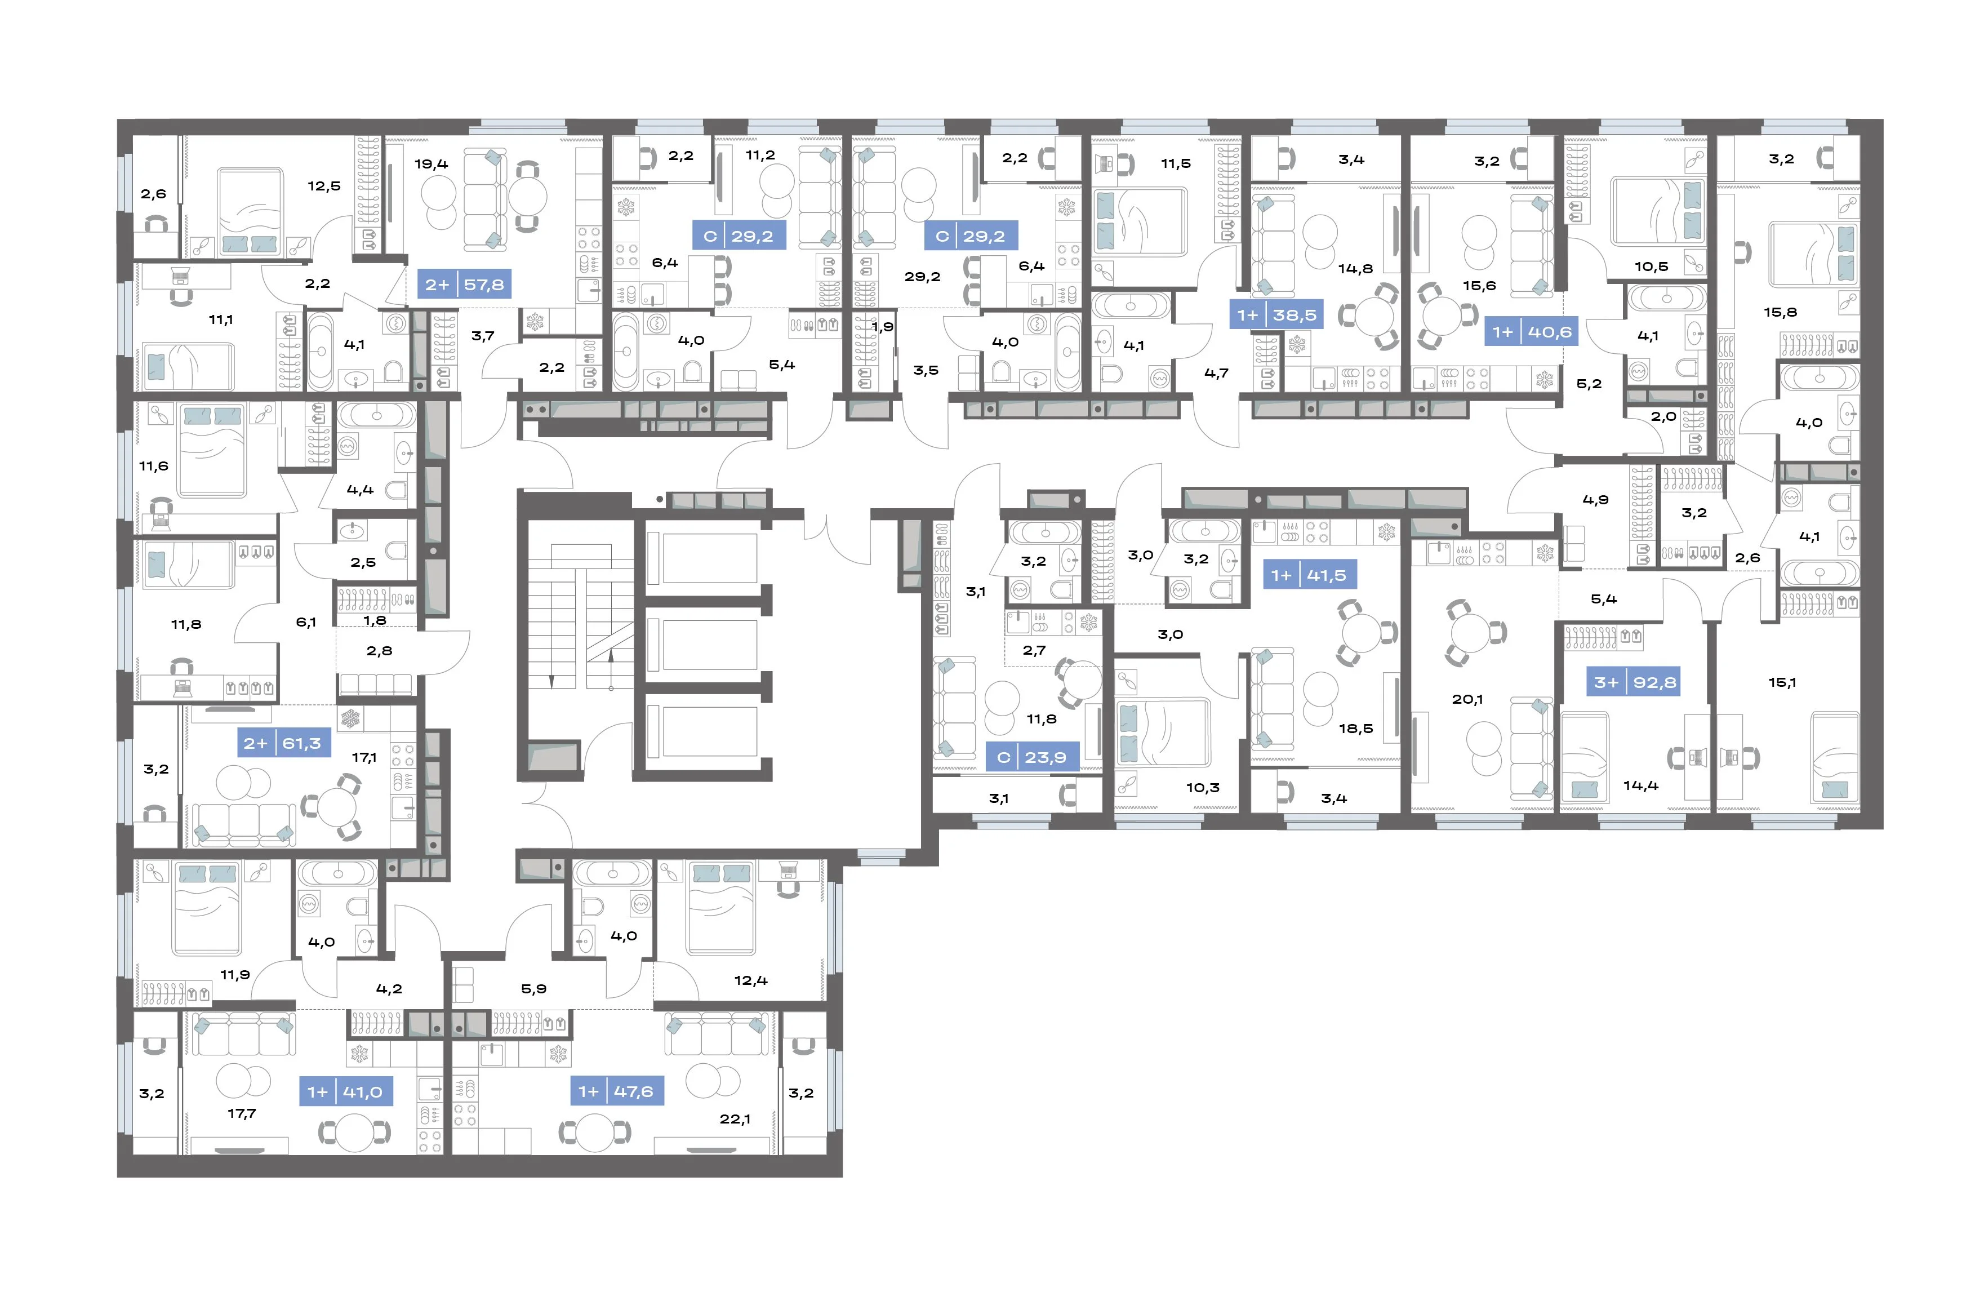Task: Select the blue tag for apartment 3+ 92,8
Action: (1634, 682)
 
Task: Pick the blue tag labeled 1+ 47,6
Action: (616, 1091)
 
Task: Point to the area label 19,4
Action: (431, 164)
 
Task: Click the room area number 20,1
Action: (1467, 699)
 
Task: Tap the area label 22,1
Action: (735, 1118)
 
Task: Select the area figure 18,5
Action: (1355, 729)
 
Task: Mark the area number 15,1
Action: (1782, 682)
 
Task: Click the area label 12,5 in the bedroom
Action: (324, 186)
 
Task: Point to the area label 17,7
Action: (241, 1114)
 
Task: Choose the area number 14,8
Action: (1355, 269)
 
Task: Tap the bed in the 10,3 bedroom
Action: (1162, 732)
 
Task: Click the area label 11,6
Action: (154, 466)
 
